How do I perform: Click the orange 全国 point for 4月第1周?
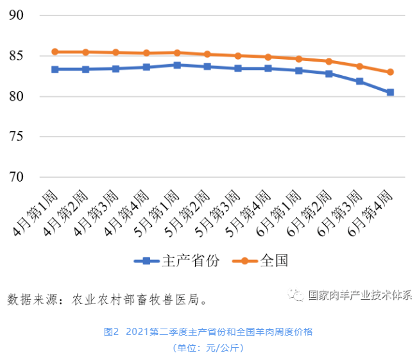pyautogui.click(x=55, y=52)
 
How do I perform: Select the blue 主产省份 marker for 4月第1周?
pyautogui.click(x=55, y=69)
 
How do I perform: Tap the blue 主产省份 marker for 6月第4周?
pyautogui.click(x=390, y=92)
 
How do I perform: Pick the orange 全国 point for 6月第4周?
pyautogui.click(x=390, y=72)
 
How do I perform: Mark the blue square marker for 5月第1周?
pyautogui.click(x=177, y=65)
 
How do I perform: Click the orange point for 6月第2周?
pyautogui.click(x=329, y=62)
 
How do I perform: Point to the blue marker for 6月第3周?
pyautogui.click(x=360, y=81)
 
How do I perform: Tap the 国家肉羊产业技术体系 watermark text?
pyautogui.click(x=360, y=295)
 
